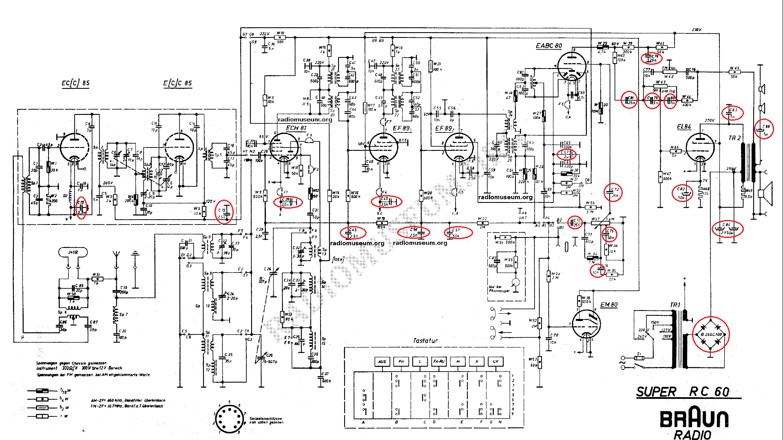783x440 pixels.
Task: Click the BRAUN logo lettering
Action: pos(694,418)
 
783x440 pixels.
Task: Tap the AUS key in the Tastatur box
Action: pos(382,361)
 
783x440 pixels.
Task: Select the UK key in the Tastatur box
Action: pos(495,361)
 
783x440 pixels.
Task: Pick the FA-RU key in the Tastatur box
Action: pos(439,361)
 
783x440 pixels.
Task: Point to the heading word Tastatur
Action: pos(425,341)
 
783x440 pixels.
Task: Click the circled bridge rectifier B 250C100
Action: pos(711,334)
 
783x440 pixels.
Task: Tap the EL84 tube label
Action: pos(684,127)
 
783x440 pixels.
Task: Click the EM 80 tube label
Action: pos(609,305)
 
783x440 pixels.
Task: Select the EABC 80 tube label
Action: pos(549,46)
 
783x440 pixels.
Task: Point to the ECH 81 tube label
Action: pos(296,128)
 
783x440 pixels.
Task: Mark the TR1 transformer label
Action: pos(675,305)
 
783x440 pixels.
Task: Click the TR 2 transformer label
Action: pos(734,138)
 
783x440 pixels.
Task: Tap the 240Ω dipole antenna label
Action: pos(73,252)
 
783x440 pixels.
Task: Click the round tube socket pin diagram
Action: pos(229,419)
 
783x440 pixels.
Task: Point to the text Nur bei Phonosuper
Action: pos(499,289)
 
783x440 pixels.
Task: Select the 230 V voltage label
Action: pos(697,30)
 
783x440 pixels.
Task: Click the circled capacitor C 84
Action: pos(728,229)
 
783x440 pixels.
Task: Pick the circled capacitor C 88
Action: pos(764,130)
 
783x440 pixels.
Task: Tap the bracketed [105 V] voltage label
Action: pos(338,260)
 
